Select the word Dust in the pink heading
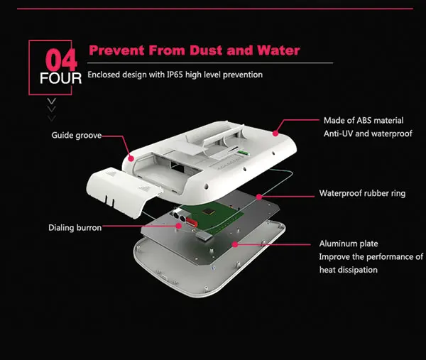[x=200, y=51]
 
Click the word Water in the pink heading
[x=274, y=51]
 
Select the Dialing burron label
[x=75, y=228]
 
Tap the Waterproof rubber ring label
[x=362, y=193]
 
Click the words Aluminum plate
[x=348, y=244]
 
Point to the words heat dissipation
[x=348, y=270]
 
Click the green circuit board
[x=213, y=217]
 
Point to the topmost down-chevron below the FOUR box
[x=52, y=102]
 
